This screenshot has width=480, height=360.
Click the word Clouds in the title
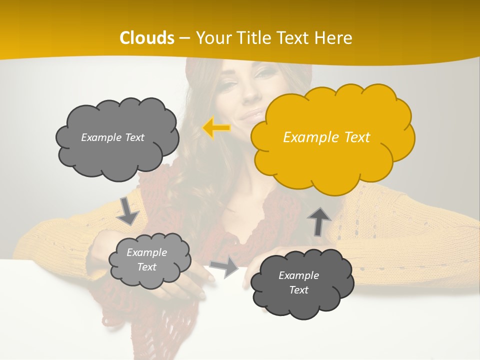click(147, 38)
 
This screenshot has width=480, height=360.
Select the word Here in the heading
click(335, 38)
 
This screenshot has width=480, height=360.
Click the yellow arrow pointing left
click(216, 128)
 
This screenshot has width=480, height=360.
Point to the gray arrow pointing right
click(224, 267)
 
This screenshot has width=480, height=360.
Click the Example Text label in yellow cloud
click(326, 137)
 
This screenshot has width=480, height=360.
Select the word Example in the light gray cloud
click(146, 252)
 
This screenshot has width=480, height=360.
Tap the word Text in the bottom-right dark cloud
click(298, 290)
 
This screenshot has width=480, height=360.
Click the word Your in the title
click(209, 38)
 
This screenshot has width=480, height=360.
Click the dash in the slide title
click(184, 38)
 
